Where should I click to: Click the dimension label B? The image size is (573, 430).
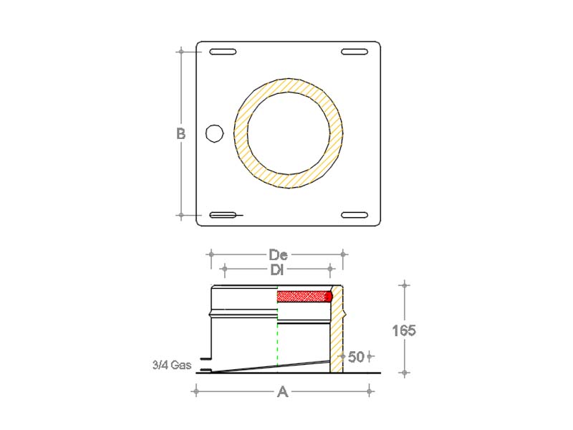[x=181, y=133]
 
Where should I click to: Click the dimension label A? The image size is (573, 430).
[x=282, y=392]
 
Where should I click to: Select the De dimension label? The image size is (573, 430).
[x=278, y=254]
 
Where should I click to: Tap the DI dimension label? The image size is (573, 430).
[x=277, y=270]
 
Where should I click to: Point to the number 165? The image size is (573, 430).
[x=404, y=330]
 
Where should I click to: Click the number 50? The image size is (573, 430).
[x=356, y=357]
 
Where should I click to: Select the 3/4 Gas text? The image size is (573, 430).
[x=172, y=365]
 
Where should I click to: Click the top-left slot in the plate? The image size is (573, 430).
[x=223, y=52]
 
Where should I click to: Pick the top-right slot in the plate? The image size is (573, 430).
[x=355, y=52]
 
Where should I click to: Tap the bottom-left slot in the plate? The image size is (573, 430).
[x=223, y=215]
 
